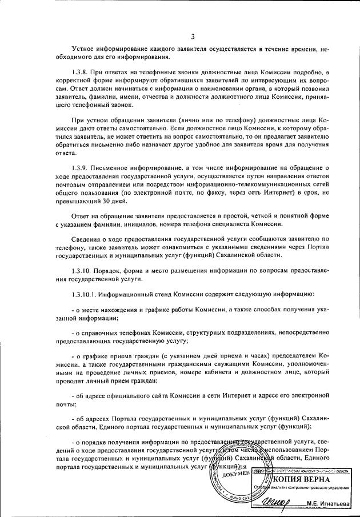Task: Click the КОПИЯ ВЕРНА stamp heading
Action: coord(303,479)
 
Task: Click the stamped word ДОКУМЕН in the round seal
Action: coord(231,473)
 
